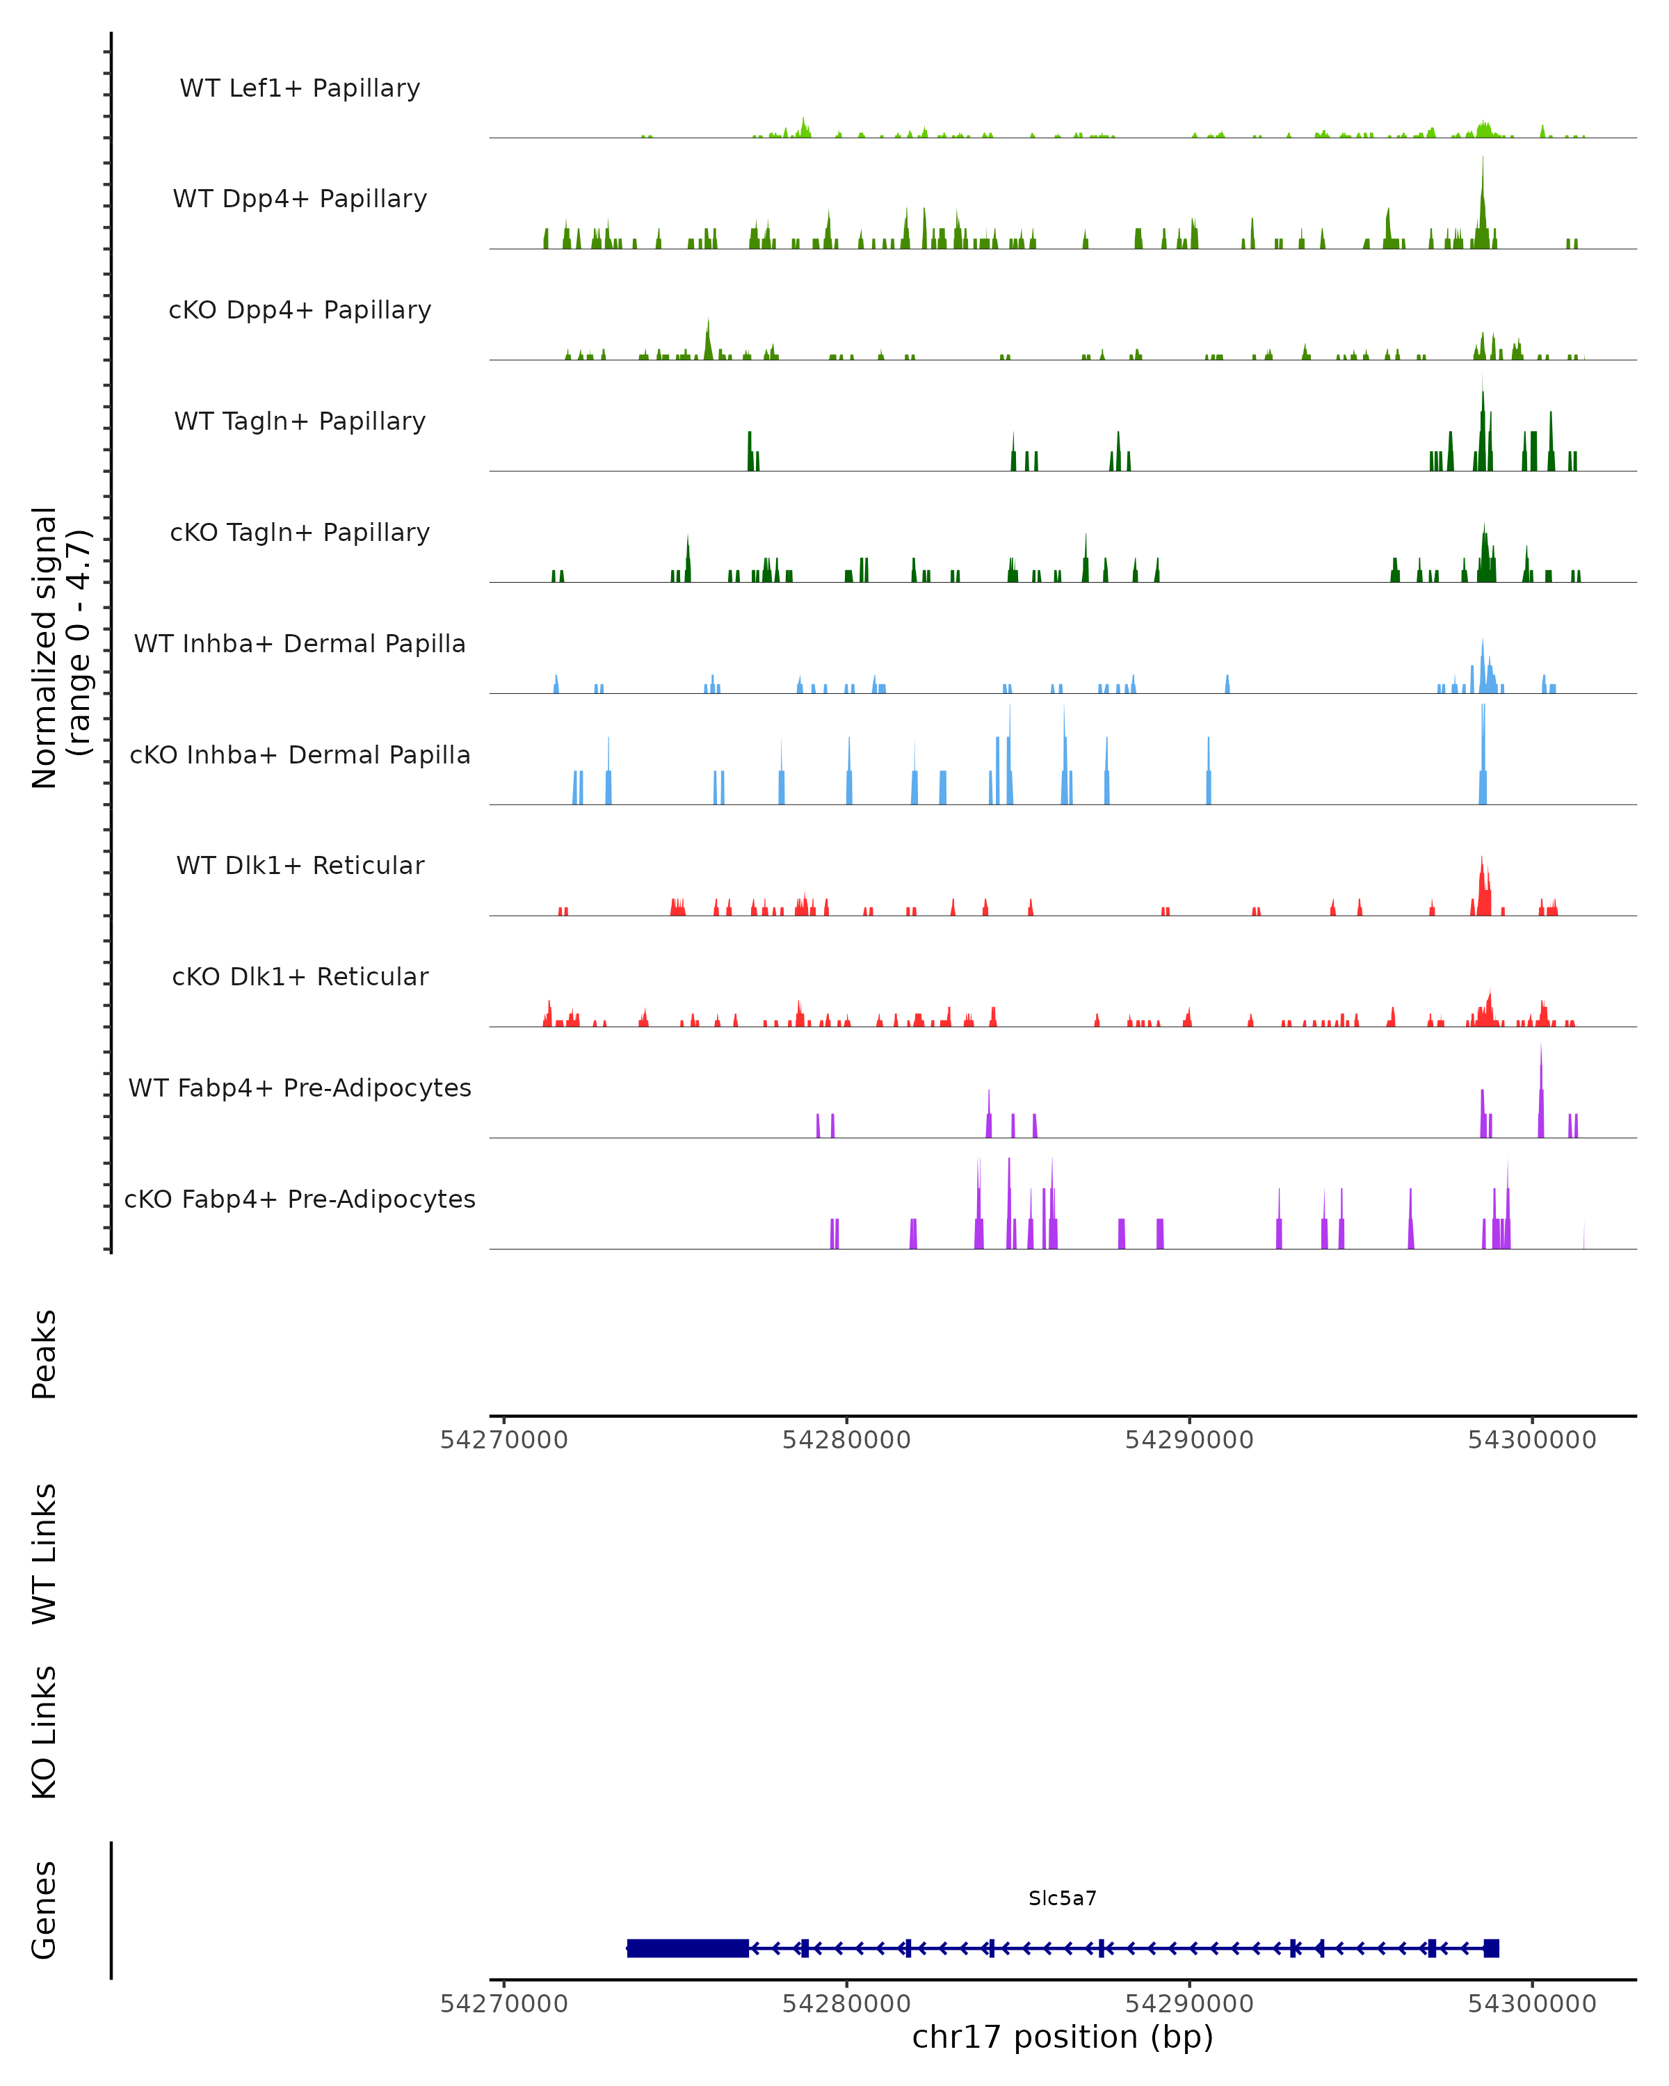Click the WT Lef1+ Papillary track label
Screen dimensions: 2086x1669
(x=300, y=88)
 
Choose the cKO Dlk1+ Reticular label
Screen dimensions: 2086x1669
(x=300, y=976)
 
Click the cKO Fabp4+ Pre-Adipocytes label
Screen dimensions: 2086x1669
(x=300, y=1199)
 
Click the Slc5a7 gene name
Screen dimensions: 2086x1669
(x=1063, y=1898)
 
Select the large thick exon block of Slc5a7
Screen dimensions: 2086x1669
(x=687, y=1948)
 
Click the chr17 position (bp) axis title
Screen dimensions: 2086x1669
(x=1063, y=2037)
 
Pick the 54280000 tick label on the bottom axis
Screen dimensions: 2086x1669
(x=846, y=2004)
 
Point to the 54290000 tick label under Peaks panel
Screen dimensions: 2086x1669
(x=1189, y=1440)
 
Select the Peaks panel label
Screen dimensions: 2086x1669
(x=45, y=1354)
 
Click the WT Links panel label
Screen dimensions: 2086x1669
(x=45, y=1553)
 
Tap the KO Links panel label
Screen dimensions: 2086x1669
(x=45, y=1732)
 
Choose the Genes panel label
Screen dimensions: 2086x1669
(x=45, y=1910)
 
